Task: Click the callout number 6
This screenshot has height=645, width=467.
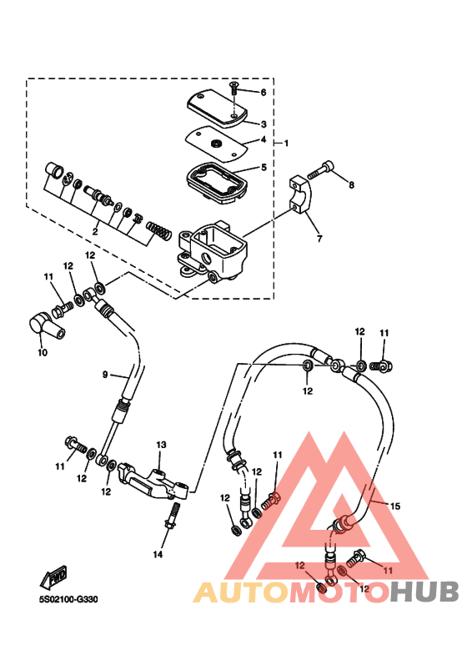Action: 264,92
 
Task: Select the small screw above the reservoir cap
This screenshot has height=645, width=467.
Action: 233,88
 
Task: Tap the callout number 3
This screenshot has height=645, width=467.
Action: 264,123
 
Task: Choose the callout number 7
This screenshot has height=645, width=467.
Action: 319,238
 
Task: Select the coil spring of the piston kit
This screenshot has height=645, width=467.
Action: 158,231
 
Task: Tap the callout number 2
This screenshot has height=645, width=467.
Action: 95,232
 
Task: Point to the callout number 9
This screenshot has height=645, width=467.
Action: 105,375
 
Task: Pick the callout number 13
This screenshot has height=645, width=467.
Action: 161,445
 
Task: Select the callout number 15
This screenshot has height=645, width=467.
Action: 395,506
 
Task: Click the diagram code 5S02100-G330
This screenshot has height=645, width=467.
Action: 68,599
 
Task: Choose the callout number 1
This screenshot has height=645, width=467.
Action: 287,144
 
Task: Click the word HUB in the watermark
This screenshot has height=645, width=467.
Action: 424,592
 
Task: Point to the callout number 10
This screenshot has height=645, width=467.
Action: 43,352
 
